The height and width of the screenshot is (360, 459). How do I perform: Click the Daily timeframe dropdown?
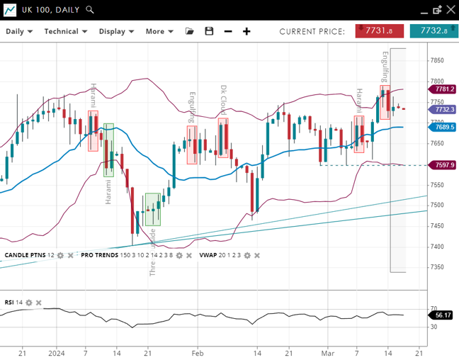(19, 31)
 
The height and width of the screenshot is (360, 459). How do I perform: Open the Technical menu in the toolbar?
(65, 31)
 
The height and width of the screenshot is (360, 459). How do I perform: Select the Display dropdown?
(116, 31)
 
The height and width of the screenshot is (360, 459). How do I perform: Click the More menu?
(159, 31)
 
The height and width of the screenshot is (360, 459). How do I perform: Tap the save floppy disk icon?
(209, 31)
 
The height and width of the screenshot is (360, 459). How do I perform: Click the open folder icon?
(189, 31)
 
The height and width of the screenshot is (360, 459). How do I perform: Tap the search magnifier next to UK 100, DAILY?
(90, 10)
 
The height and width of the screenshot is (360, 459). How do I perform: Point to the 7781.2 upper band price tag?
(444, 89)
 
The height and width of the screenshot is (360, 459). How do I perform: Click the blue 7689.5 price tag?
(444, 127)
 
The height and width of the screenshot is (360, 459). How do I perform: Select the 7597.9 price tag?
(444, 165)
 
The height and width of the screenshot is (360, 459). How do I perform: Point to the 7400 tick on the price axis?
(437, 247)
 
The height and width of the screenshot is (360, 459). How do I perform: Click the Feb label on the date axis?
(198, 352)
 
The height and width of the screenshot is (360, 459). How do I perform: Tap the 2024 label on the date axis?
(57, 352)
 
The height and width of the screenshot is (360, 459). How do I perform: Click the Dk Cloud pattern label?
(223, 100)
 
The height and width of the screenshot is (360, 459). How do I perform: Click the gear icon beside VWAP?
(246, 255)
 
